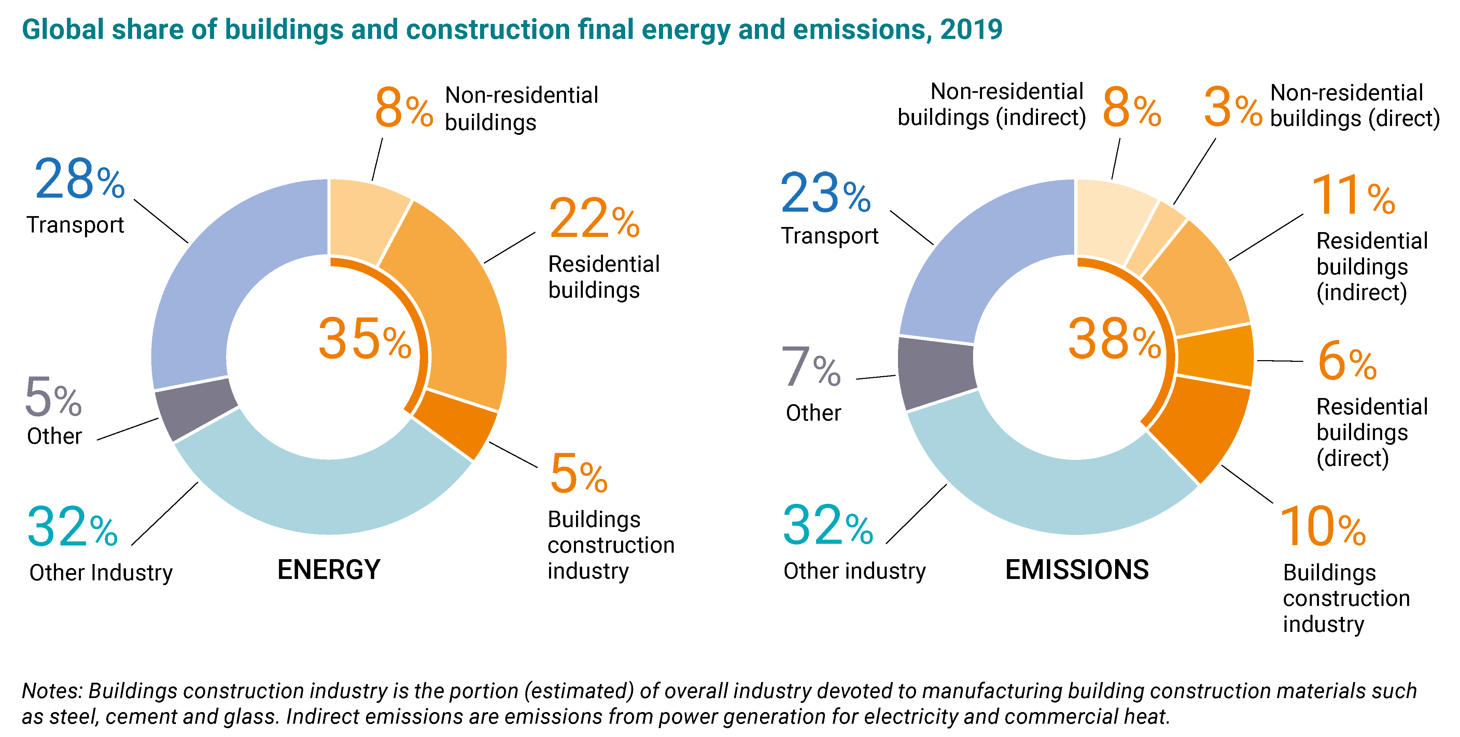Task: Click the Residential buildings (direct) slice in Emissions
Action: click(1216, 356)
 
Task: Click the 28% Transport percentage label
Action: click(79, 180)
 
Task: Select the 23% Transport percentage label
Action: click(825, 194)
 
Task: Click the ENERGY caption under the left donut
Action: click(329, 570)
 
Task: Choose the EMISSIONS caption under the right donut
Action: click(1077, 570)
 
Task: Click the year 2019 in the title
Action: click(971, 29)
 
